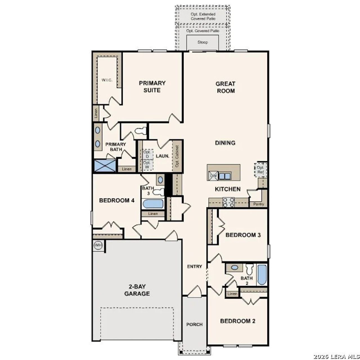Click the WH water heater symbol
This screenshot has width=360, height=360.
click(98, 245)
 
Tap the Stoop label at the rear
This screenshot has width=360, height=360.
click(202, 42)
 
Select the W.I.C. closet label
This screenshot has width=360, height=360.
click(107, 80)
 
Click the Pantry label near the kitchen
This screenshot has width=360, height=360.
click(258, 204)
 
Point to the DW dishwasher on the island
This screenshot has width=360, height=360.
click(213, 176)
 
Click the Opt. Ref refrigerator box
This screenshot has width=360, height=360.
click(260, 170)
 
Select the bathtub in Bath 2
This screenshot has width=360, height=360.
click(262, 275)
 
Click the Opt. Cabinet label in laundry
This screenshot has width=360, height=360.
click(177, 156)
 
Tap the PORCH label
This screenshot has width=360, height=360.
click(194, 324)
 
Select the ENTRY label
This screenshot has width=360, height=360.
click(195, 266)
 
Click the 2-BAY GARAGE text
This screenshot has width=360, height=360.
click(137, 290)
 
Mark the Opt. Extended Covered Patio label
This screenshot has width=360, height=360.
click(203, 16)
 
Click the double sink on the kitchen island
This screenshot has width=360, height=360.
click(224, 176)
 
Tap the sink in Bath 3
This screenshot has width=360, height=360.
click(160, 179)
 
